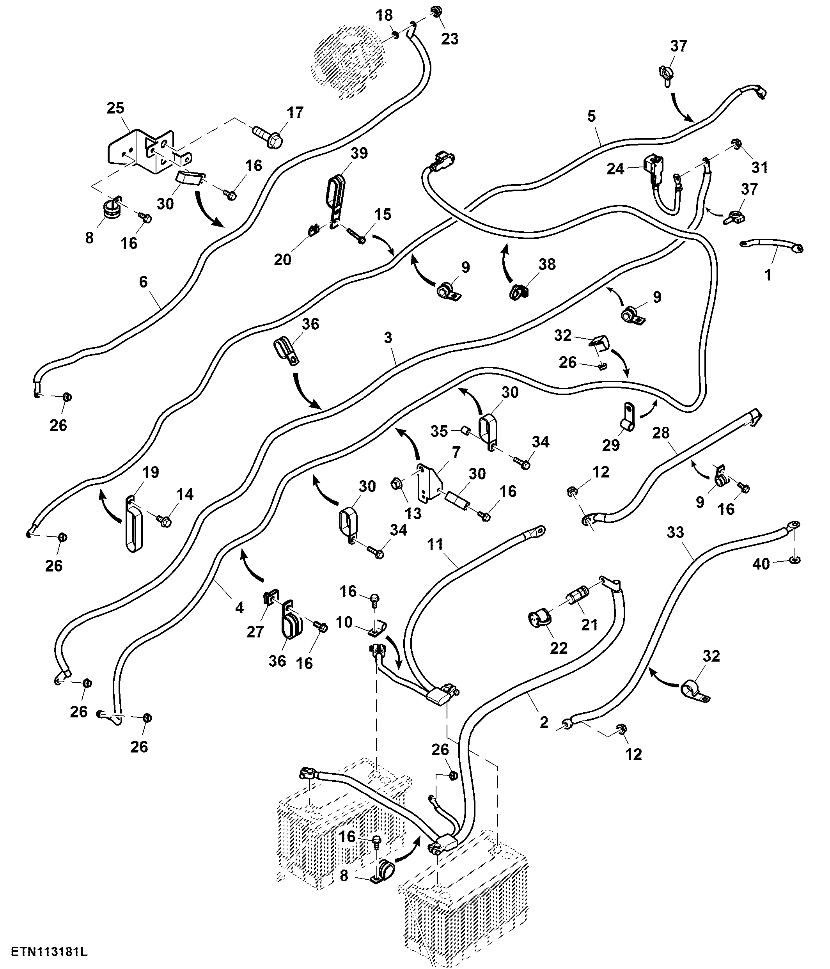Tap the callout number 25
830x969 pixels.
pyautogui.click(x=115, y=108)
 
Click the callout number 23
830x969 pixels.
pyautogui.click(x=450, y=39)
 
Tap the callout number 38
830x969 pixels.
pyautogui.click(x=547, y=264)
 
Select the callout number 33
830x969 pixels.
pyautogui.click(x=675, y=532)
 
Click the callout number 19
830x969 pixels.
pyautogui.click(x=151, y=472)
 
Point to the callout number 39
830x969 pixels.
pyautogui.click(x=359, y=153)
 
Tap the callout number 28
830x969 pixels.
pyautogui.click(x=661, y=433)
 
